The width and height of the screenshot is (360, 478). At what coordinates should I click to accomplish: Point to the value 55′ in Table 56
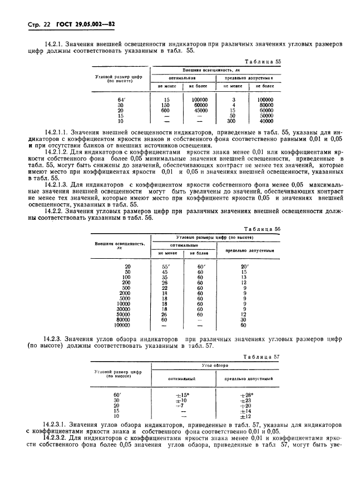click(x=164, y=267)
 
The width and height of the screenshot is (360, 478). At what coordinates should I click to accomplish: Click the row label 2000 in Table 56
click(x=124, y=293)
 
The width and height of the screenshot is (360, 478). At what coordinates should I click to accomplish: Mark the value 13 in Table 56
click(x=243, y=277)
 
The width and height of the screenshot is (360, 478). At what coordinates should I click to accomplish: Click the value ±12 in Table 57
click(x=243, y=416)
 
